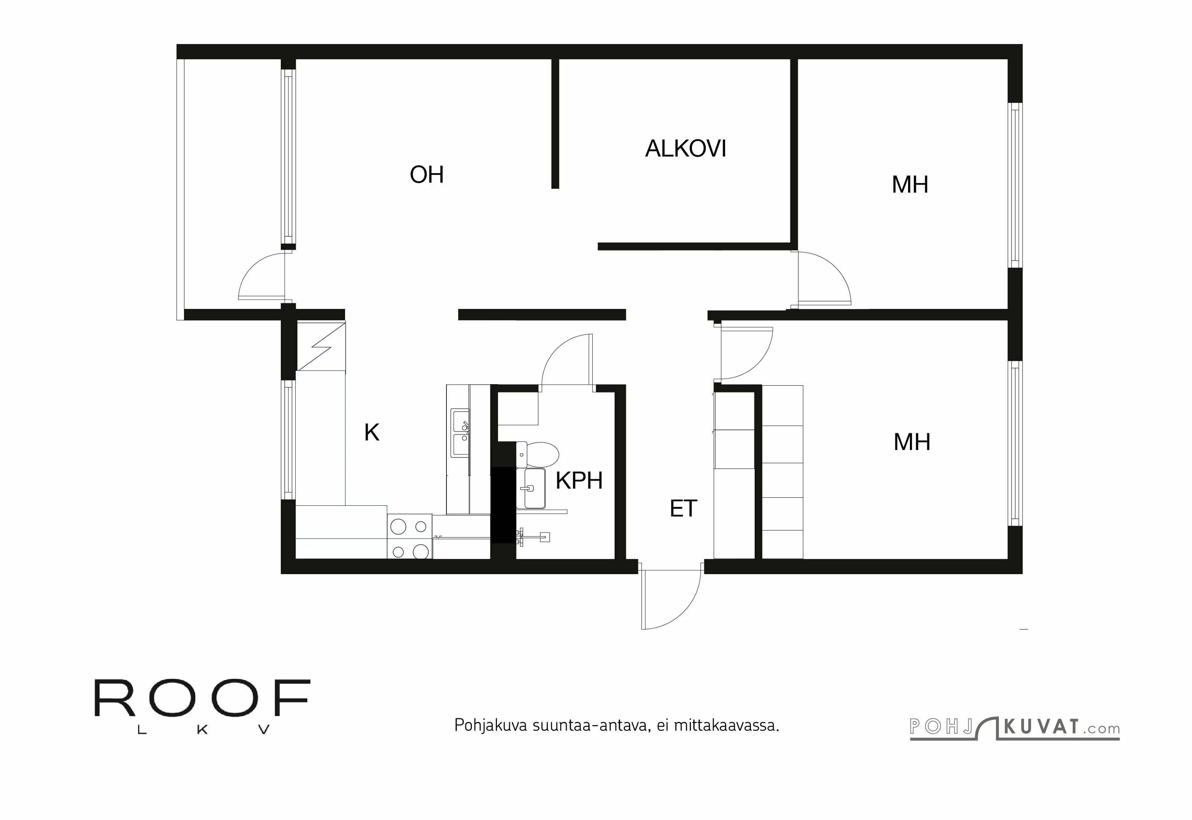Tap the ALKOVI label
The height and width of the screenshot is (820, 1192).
click(685, 149)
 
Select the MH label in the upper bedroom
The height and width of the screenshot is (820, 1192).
click(910, 185)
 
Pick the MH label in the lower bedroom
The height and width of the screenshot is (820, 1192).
click(912, 442)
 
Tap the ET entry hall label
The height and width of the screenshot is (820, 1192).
click(683, 509)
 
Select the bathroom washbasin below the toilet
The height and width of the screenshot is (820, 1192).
click(533, 488)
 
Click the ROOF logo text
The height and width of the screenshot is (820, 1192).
click(202, 699)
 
